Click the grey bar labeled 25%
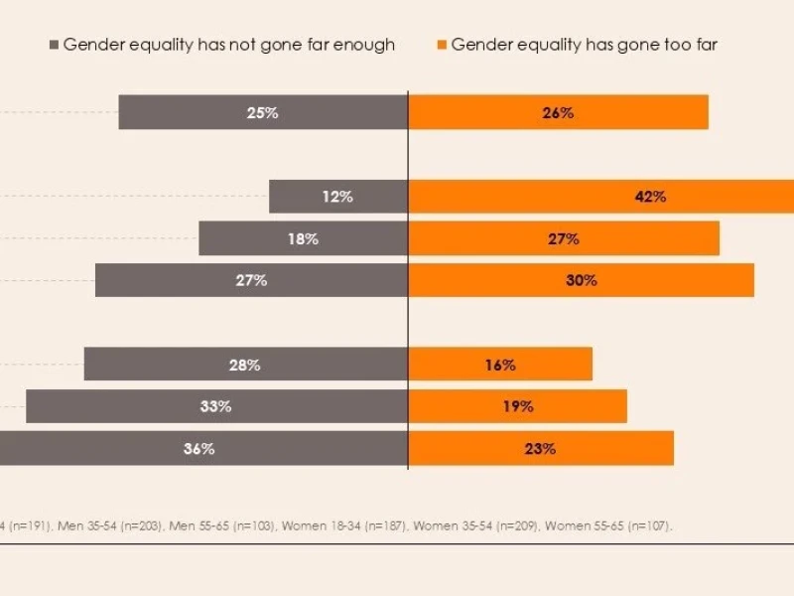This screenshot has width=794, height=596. tap(263, 112)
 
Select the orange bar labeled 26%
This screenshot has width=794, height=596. tap(558, 112)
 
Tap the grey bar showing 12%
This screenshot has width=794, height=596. tap(338, 197)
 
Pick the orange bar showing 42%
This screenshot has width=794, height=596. tap(600, 197)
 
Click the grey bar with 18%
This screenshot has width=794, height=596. tap(303, 238)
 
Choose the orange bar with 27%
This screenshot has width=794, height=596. tap(564, 238)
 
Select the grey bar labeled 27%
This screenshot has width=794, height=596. tap(251, 280)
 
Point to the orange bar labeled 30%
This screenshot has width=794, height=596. tap(581, 280)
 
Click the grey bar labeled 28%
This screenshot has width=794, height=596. tap(245, 365)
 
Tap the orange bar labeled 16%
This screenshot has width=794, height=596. tap(500, 365)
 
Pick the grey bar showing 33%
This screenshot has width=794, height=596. tap(216, 406)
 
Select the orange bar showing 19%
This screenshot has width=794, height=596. tap(517, 406)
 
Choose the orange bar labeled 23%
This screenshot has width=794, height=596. tap(541, 448)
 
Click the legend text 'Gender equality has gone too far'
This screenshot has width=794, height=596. tap(584, 45)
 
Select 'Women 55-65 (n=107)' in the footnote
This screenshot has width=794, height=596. tap(607, 525)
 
